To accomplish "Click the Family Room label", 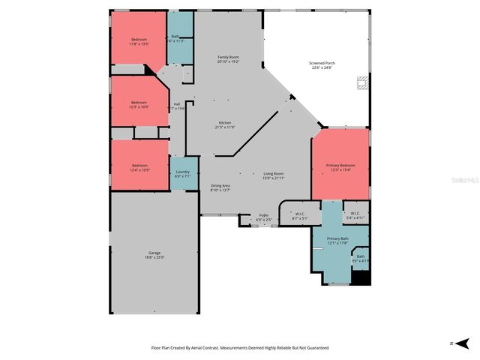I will (x=228, y=59).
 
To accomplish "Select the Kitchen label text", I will (x=225, y=124).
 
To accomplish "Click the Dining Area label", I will (x=220, y=187).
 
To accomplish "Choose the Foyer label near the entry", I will (x=263, y=217).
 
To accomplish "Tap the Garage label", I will (x=154, y=255).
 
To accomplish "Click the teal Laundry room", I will (x=183, y=174).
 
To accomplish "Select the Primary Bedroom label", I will (x=340, y=167).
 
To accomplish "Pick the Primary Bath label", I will (x=337, y=241).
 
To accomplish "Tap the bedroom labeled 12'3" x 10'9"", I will (x=139, y=104).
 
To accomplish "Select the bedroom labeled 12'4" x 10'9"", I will (x=139, y=167).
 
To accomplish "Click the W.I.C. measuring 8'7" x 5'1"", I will (x=299, y=215).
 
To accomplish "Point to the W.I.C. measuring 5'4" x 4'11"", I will (x=355, y=215).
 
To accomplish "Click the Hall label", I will (x=177, y=106).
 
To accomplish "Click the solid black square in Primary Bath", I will (x=361, y=277).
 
